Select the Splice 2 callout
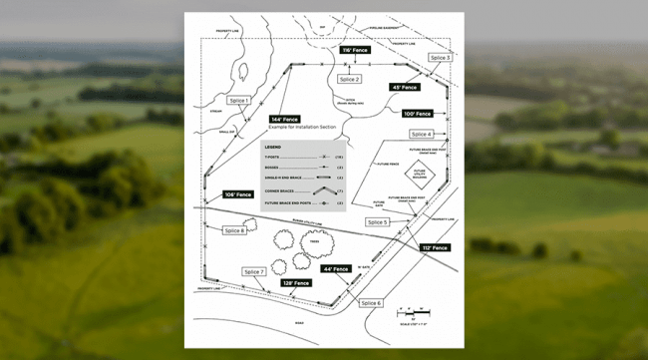(x=349, y=79)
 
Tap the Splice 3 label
(x=441, y=58)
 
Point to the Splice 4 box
(x=421, y=134)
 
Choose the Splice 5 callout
(x=378, y=221)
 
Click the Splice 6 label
(x=371, y=302)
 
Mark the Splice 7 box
(x=254, y=271)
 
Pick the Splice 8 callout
(x=235, y=230)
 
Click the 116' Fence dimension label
(x=355, y=49)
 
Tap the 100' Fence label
(x=417, y=114)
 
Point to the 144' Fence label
(x=285, y=120)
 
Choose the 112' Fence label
(x=435, y=247)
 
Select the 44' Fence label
(x=335, y=268)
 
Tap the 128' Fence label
(x=296, y=283)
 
